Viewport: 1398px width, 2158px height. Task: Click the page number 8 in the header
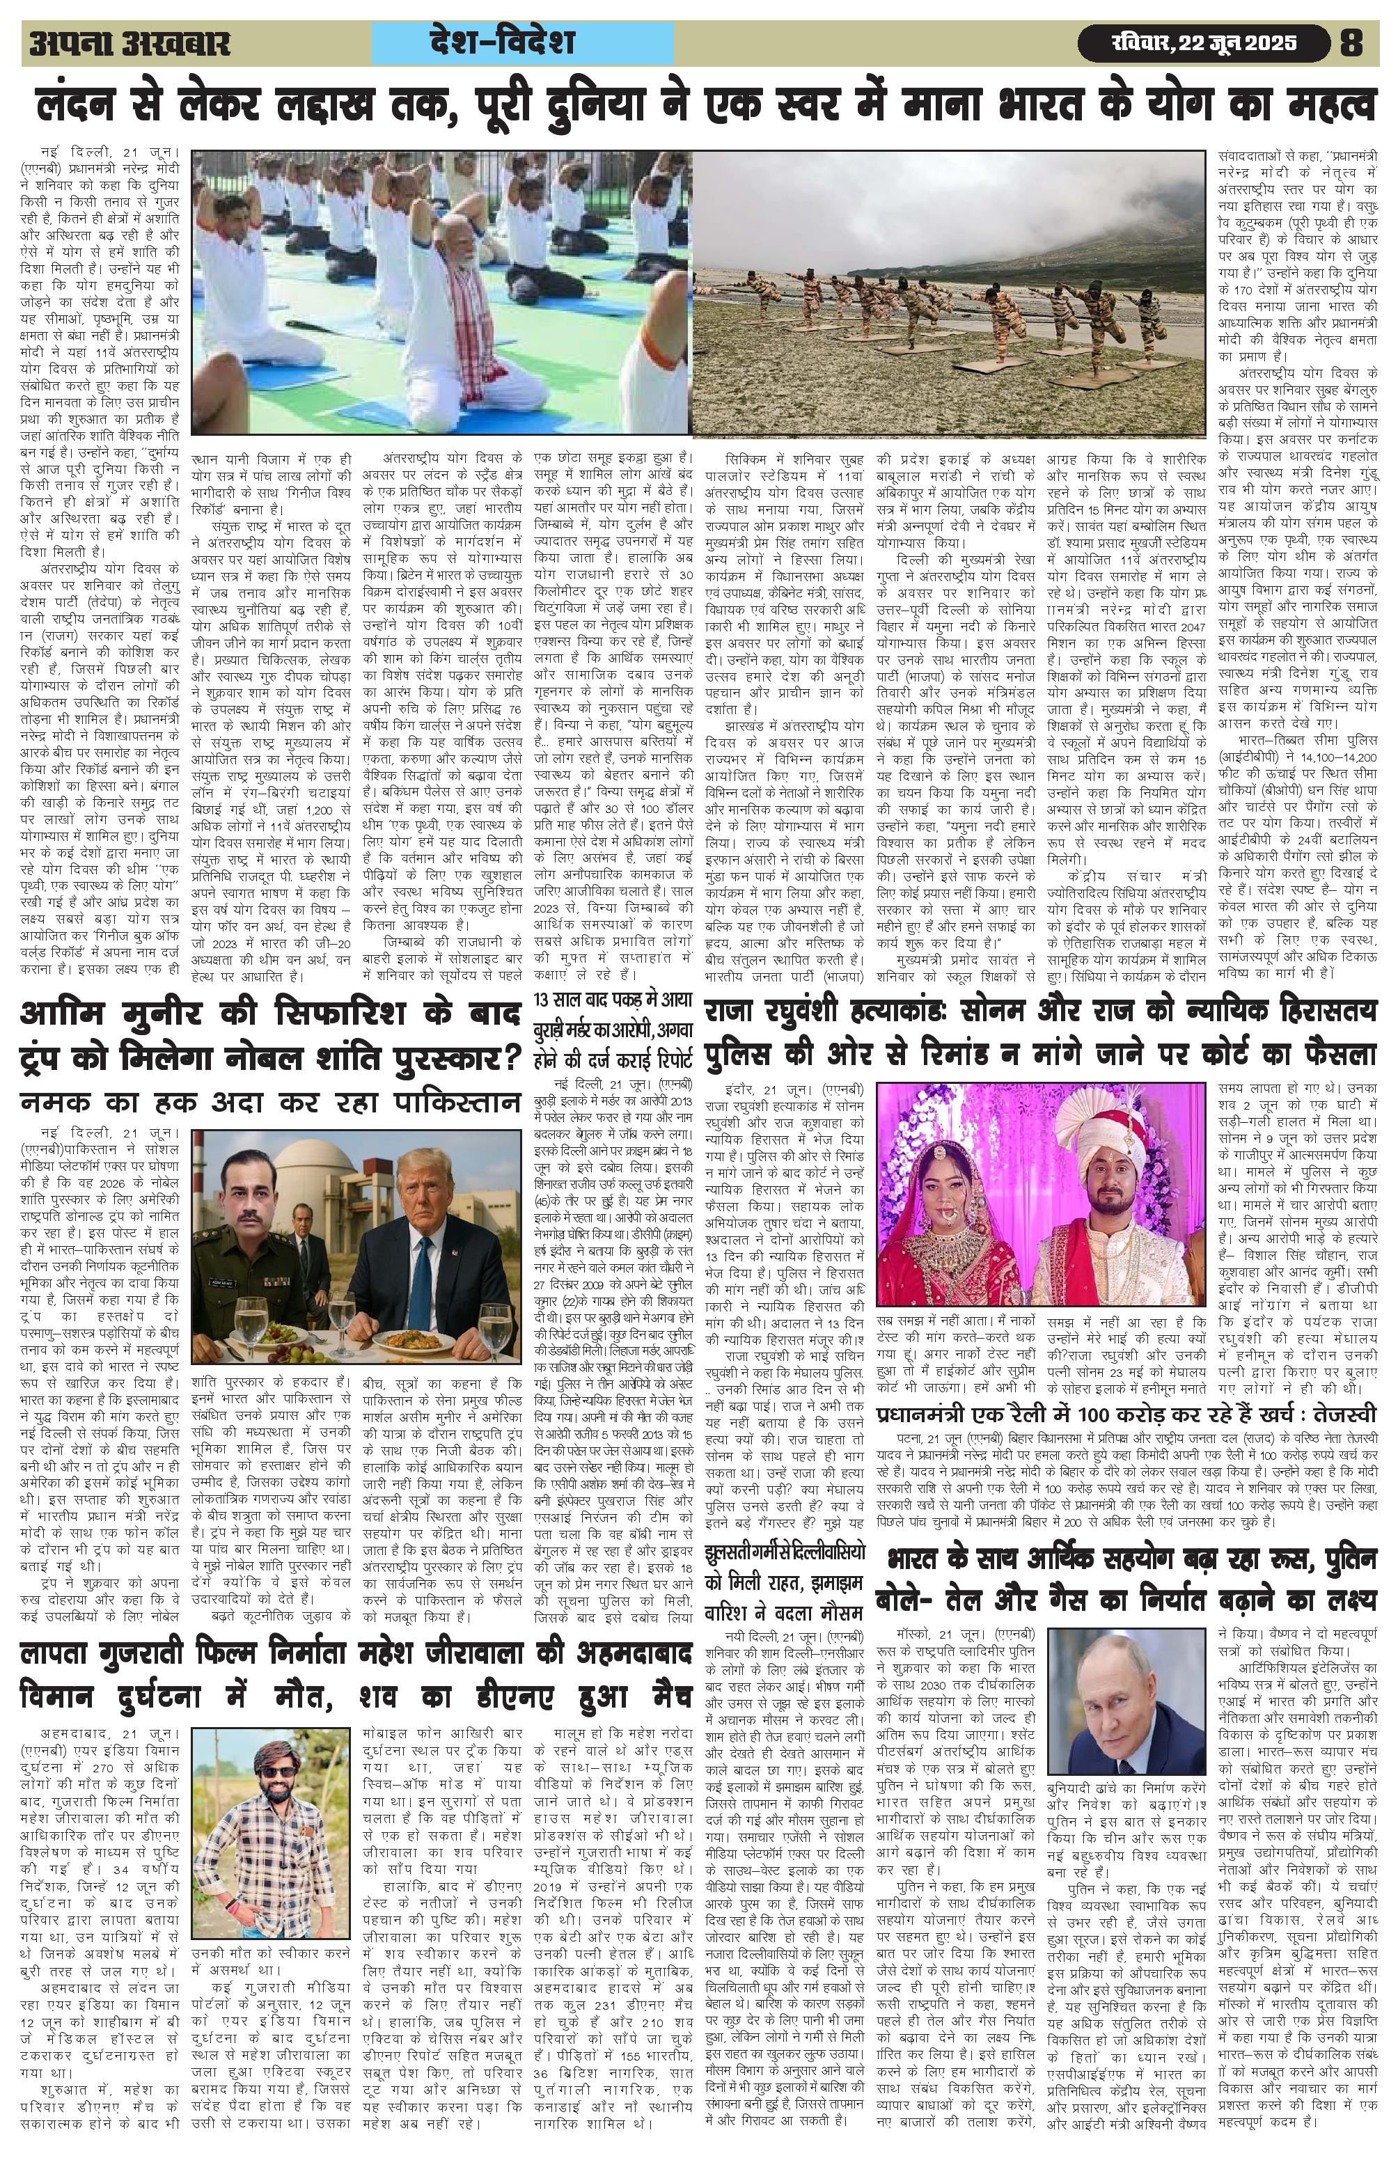pyautogui.click(x=1351, y=42)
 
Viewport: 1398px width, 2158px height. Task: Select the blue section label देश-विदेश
pyautogui.click(x=523, y=42)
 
